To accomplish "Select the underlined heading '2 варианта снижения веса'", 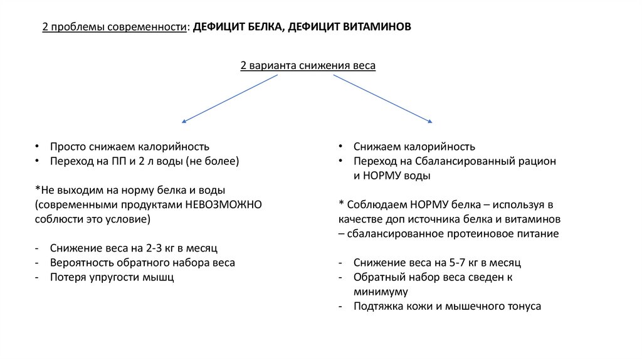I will (308, 66).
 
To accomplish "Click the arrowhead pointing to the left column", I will (183, 120).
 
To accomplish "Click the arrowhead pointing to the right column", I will (430, 120).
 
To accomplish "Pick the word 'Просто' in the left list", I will (67, 147).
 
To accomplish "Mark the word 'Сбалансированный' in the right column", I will (463, 161).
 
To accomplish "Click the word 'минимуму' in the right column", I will (381, 292).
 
